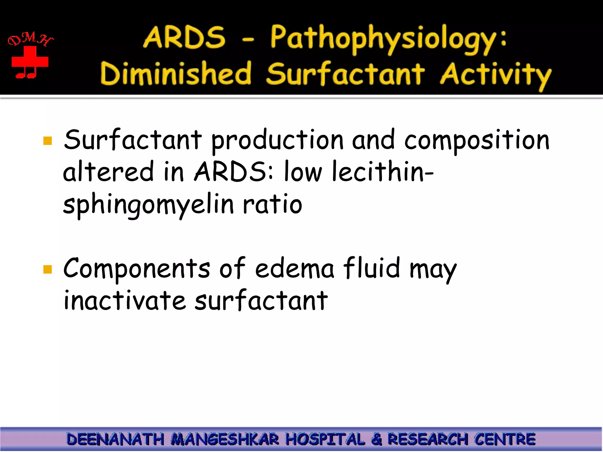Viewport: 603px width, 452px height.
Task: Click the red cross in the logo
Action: click(30, 61)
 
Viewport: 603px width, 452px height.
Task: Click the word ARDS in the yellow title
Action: click(184, 37)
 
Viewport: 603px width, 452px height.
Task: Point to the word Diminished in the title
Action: click(176, 74)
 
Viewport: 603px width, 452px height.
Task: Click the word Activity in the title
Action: click(496, 75)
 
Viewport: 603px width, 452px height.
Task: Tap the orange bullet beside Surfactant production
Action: click(47, 141)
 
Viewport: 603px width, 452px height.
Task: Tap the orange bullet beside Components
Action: click(47, 269)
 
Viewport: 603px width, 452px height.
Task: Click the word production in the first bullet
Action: click(277, 141)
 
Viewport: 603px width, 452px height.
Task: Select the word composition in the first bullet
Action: click(477, 141)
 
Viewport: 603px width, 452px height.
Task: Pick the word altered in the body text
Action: click(108, 172)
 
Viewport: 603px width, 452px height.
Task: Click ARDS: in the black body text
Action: click(234, 172)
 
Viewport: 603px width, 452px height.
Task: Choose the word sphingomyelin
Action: click(148, 205)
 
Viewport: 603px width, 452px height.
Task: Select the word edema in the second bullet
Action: click(294, 268)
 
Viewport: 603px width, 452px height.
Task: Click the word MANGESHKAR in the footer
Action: click(225, 439)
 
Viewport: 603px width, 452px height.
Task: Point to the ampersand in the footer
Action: click(377, 439)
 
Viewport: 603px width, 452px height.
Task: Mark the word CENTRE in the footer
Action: click(505, 439)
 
